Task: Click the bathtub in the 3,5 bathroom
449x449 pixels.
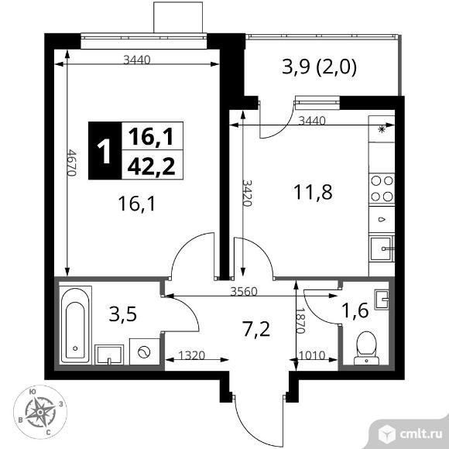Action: point(75,325)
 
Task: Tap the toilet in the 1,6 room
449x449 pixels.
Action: point(366,348)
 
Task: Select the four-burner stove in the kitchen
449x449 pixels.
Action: point(382,189)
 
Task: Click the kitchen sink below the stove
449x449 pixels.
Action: point(381,248)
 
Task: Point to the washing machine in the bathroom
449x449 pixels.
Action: point(144,351)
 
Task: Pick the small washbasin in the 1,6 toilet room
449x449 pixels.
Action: point(382,300)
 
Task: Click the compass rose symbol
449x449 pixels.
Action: point(40,412)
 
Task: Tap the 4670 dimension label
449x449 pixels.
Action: point(71,162)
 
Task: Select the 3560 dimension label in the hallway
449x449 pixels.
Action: point(244,292)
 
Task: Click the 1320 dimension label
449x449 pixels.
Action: point(191,355)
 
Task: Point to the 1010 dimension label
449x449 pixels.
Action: point(312,355)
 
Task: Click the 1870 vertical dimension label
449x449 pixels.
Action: point(300,320)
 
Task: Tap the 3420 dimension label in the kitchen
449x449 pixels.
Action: point(247,193)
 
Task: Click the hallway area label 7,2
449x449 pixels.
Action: point(256,329)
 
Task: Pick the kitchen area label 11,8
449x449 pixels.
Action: point(313,192)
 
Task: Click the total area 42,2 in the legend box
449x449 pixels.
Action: point(151,166)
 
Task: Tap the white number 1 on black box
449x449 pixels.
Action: point(105,151)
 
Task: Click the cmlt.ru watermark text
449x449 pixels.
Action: point(421,434)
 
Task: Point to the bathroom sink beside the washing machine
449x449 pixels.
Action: point(109,355)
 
